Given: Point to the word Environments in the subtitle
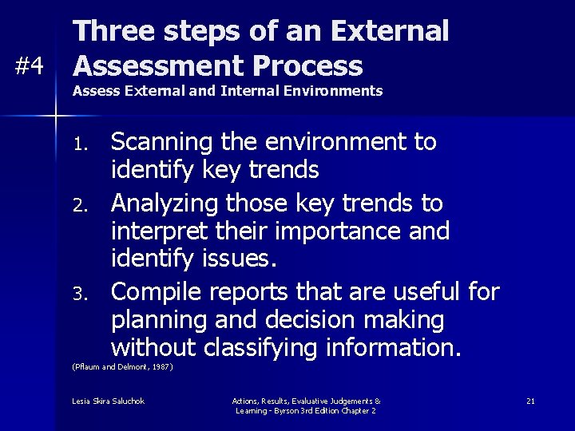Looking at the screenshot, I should click(335, 91).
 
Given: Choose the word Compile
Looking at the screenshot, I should click(157, 292).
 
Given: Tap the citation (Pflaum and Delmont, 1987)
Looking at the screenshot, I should click(122, 367).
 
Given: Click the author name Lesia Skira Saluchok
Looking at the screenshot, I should click(108, 401).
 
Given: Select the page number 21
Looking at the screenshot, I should click(530, 401).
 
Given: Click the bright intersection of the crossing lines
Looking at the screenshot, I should click(55, 117).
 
